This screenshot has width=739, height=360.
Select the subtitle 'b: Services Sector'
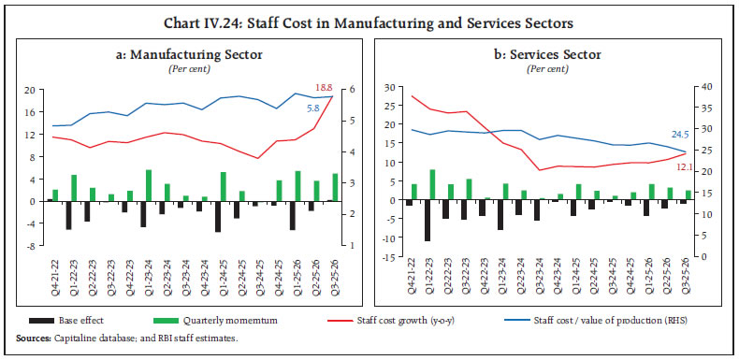click(548, 54)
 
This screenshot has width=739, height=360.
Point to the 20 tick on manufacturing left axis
click(29, 90)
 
